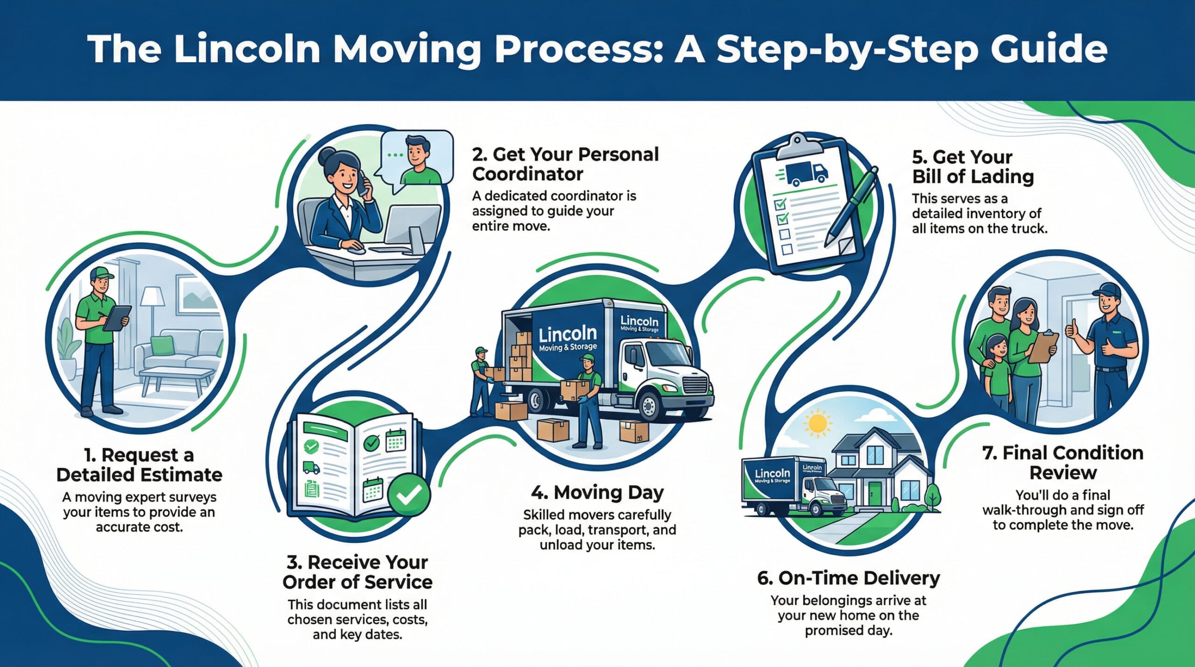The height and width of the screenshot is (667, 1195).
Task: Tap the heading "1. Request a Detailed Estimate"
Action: [139, 464]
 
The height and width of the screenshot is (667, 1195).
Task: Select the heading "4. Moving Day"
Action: [597, 493]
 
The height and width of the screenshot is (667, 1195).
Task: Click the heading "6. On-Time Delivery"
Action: [848, 578]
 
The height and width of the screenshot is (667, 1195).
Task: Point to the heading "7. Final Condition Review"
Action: [1063, 463]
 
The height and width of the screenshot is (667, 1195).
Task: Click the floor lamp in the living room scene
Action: [153, 317]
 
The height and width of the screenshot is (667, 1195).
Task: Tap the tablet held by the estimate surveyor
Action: [117, 318]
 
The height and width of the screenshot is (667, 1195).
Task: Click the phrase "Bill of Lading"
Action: [973, 177]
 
